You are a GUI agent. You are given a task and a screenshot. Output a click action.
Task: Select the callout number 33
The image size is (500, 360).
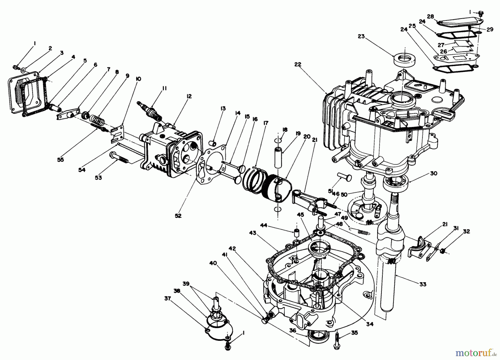point(423,284)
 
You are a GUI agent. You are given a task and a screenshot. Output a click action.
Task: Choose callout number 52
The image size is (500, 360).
point(178,215)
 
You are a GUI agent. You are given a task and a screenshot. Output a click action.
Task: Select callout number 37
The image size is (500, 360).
point(167,298)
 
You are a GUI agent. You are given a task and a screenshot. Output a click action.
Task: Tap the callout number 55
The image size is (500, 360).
point(61,160)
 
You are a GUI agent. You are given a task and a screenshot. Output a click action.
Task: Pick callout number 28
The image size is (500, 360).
point(431,17)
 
